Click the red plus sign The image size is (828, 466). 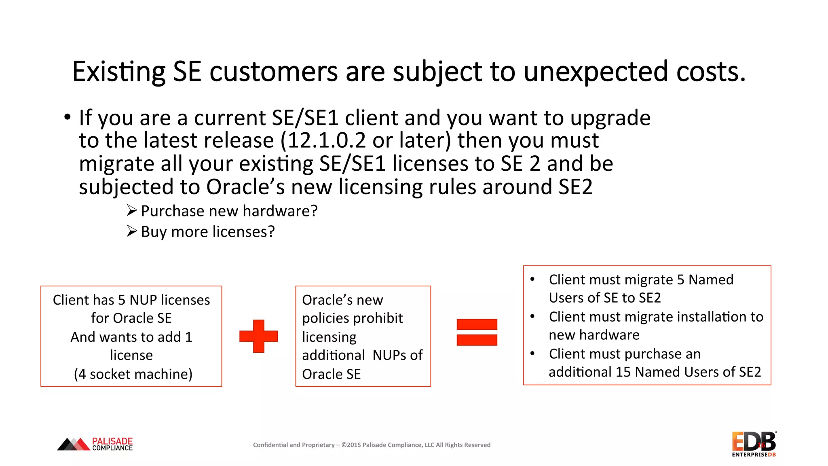pos(259,336)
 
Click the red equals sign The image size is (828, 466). pos(477,332)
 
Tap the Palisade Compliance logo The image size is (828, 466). pos(95,444)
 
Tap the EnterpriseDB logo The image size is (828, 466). pos(754,444)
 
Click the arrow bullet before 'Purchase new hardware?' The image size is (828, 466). pos(132,210)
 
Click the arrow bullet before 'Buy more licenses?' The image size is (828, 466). pos(132,231)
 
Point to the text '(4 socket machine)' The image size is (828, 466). pos(133,374)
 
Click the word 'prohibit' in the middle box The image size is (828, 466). pos(380,318)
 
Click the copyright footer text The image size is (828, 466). pos(372,445)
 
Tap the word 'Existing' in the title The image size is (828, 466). pos(118,72)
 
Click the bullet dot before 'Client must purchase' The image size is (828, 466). pos(532,354)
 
